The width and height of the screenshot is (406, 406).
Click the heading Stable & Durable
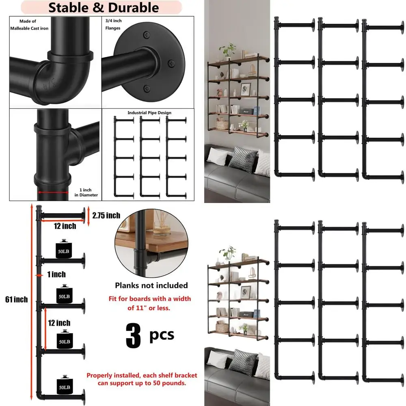pos(104,7)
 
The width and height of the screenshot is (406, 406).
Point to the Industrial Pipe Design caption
pos(149,112)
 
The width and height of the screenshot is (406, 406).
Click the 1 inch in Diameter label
pos(86,192)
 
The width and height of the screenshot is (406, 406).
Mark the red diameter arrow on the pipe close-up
pos(53,193)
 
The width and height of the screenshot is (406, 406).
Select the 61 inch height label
pos(16,300)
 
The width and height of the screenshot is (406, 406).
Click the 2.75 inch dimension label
pos(106,215)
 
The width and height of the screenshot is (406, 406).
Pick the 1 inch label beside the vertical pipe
pos(56,275)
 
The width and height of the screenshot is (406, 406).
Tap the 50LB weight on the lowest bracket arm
pos(63,382)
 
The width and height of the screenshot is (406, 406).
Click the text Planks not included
pos(151,285)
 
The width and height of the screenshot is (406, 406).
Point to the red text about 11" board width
pos(149,303)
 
